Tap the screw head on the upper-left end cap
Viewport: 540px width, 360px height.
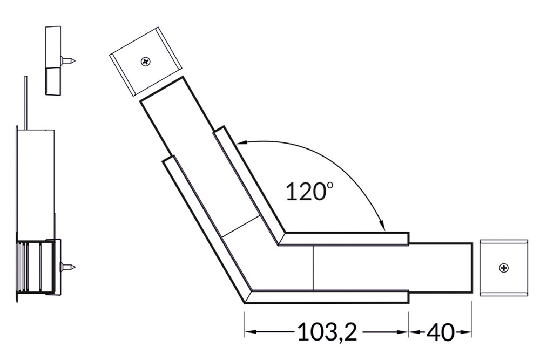(146, 62)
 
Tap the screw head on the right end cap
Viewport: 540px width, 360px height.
(503, 267)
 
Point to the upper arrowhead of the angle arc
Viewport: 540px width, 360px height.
(240, 144)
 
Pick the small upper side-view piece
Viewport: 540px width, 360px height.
(53, 59)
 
